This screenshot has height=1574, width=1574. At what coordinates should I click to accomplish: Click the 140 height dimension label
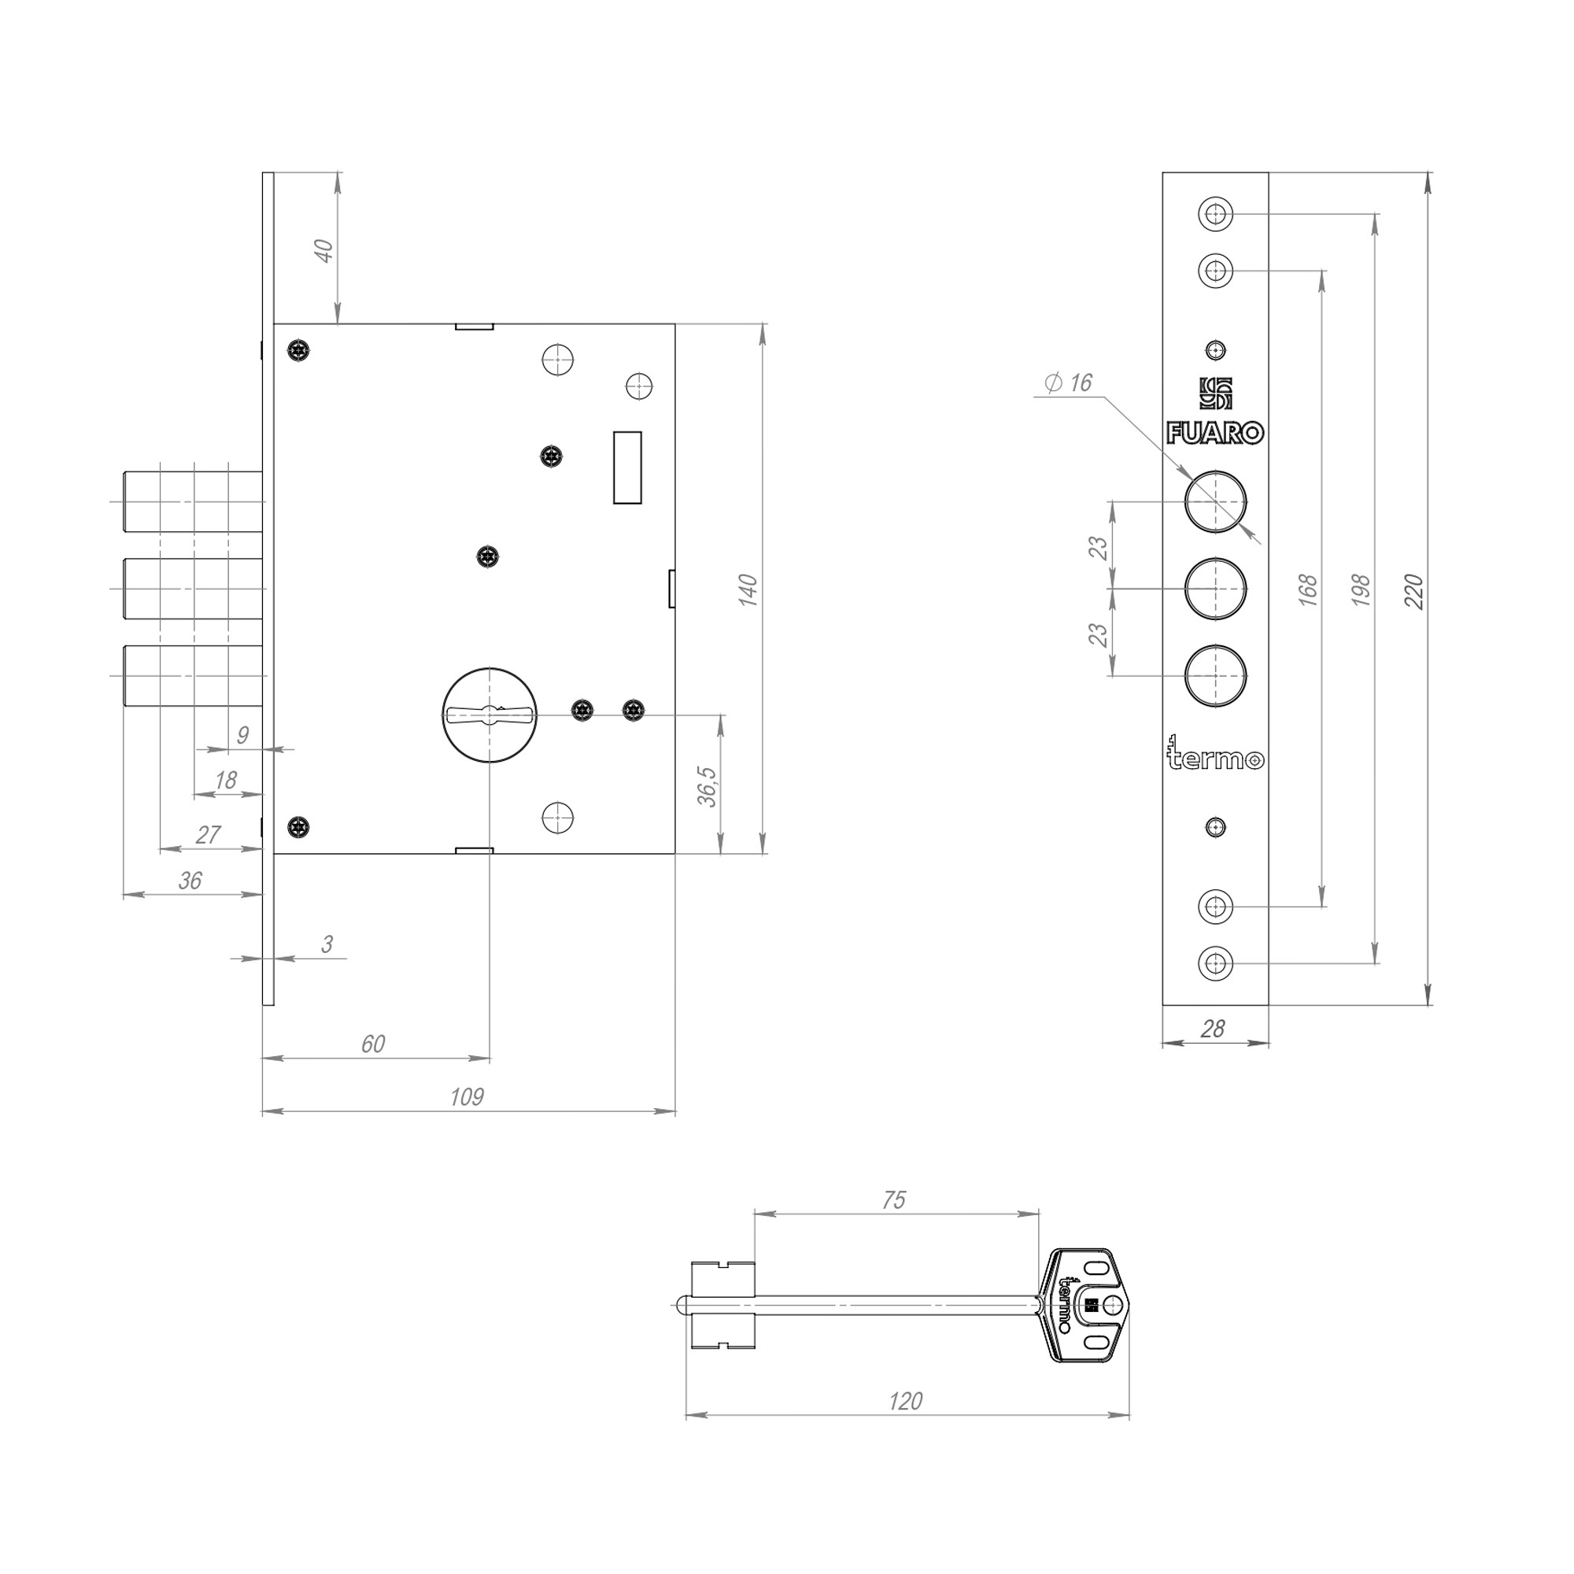coord(748,589)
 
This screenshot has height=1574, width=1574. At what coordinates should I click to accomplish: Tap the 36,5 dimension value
coord(708,786)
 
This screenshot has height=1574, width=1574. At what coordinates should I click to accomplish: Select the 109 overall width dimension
coord(467,1097)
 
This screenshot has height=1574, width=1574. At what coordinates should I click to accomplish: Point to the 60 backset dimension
coord(372,1044)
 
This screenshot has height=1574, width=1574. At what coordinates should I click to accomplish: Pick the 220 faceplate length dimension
coord(1415,592)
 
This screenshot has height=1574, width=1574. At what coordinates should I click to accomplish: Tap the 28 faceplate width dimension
coord(1213,1029)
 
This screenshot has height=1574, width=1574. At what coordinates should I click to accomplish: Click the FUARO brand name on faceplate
coord(1214,434)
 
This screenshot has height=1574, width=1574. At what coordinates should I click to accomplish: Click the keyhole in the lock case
coord(490,715)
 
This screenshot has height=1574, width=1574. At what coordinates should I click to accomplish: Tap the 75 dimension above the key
coord(894,1200)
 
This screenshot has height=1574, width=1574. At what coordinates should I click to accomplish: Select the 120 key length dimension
coord(905,1401)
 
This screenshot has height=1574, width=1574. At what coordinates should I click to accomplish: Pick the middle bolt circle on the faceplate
coord(1214,588)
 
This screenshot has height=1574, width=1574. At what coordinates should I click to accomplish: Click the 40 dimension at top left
coord(324,250)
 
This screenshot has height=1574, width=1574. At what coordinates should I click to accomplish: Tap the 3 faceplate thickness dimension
coord(327,944)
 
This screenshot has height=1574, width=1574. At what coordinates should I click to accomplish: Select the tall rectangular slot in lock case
coord(626,467)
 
